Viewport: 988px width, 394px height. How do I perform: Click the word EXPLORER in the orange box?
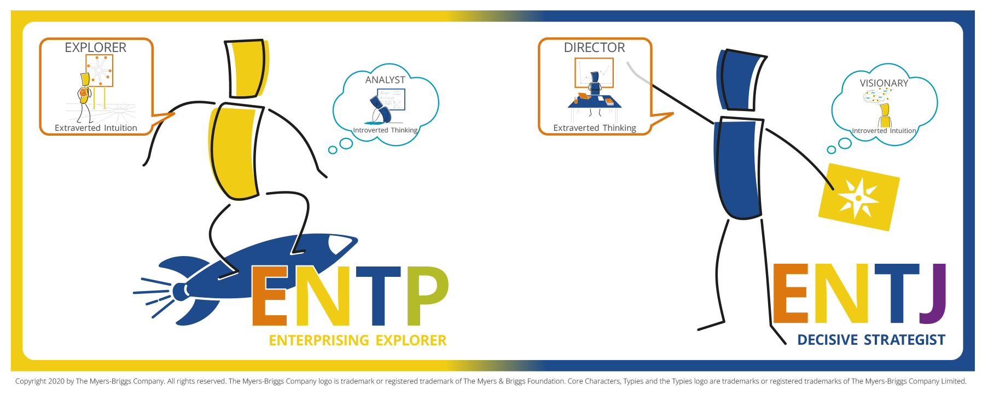point(96,48)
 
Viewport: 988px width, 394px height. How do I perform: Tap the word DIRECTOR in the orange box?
point(595,48)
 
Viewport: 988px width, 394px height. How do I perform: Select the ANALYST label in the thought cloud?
point(385,80)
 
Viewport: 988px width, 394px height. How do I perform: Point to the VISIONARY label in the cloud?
point(884,83)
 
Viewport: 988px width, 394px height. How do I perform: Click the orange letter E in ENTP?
point(270,296)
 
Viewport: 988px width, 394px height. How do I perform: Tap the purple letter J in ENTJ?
point(934,294)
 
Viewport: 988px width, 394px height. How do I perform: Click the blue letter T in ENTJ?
point(897,293)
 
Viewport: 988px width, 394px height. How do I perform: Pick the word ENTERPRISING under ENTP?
point(319,340)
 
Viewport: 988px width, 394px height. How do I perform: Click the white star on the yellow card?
point(858,198)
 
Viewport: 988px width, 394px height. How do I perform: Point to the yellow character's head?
point(246,68)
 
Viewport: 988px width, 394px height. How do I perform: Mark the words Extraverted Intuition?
point(96,128)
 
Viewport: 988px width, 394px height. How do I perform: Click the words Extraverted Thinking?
point(595,128)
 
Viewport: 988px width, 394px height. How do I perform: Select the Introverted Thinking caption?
point(385,130)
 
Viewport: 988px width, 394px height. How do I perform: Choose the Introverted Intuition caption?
point(884,131)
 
